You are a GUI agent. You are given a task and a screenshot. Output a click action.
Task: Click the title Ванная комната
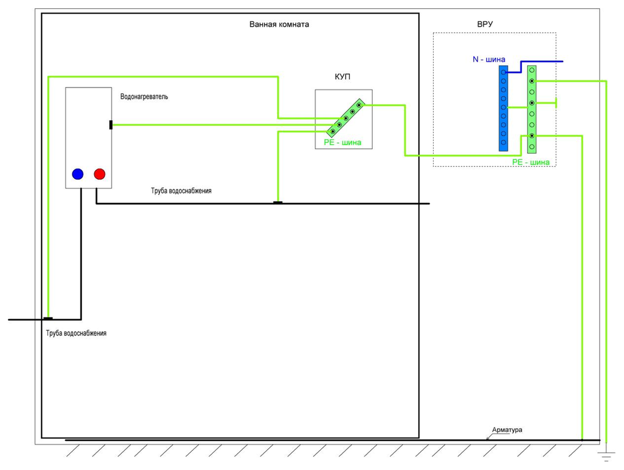coord(279,24)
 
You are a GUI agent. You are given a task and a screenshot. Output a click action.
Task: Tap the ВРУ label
coord(485,24)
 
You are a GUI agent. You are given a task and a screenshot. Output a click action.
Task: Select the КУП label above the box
coord(342,77)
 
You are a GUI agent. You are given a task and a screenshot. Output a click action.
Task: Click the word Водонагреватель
coord(144,97)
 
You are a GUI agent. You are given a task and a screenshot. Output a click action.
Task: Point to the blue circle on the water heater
coord(77,174)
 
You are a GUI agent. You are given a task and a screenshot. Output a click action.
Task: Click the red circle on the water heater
coord(99,174)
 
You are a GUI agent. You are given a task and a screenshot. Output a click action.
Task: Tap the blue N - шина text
coord(489,59)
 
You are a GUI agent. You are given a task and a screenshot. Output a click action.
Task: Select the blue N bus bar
coord(503,108)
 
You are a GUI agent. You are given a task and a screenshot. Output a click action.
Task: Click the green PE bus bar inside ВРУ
coord(531,109)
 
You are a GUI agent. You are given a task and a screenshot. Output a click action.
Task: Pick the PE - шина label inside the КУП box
coord(343,142)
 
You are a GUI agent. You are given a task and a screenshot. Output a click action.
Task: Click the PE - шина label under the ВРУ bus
coord(531,162)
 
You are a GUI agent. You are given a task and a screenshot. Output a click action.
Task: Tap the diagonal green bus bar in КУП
coord(346,118)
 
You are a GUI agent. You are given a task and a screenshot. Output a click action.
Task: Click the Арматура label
coord(507,429)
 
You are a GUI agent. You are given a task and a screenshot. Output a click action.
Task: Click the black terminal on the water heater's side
coord(111,125)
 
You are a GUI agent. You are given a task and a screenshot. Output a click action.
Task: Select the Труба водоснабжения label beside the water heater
coord(181,191)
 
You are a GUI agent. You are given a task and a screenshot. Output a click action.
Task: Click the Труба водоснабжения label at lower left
coord(76,333)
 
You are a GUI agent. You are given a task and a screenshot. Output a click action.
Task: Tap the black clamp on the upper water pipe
coord(278,203)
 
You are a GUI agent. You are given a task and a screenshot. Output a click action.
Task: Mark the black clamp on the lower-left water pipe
coord(48,319)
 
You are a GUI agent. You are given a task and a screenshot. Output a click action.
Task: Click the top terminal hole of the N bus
coord(503,72)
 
